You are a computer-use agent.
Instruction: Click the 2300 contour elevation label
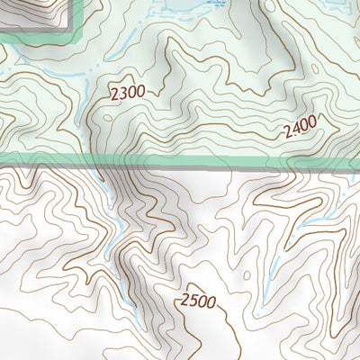pos(126,92)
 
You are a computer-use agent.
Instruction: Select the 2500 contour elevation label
pos(197,301)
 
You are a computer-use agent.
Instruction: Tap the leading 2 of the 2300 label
pos(114,94)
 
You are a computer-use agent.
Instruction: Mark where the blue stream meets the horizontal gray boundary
pos(111,167)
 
